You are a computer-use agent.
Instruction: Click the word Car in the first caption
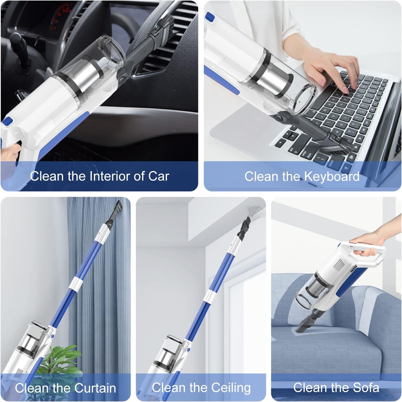click(159, 176)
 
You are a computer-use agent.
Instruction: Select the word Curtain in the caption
click(95, 388)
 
